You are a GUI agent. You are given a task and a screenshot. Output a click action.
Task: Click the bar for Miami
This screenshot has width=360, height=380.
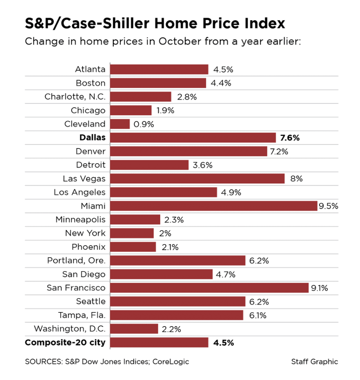tap(214, 206)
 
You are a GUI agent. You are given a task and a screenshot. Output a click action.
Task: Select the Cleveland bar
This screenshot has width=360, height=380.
tap(120, 124)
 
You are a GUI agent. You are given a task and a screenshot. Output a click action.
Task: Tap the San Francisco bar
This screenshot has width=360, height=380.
tap(209, 288)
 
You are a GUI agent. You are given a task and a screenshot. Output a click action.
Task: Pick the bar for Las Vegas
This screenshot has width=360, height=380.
tap(197, 178)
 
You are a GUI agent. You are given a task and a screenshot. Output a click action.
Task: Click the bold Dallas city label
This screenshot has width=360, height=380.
tap(92, 138)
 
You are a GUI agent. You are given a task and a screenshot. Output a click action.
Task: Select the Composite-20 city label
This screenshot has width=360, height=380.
tap(65, 343)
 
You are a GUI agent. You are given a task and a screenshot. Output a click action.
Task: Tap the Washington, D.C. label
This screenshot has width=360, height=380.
tap(69, 329)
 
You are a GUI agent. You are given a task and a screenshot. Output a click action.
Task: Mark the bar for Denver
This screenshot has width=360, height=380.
tap(189, 151)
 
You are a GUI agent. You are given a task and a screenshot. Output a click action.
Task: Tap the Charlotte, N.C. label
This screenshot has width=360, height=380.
tap(75, 97)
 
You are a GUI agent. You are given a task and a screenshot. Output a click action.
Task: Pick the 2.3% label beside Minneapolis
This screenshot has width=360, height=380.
tap(174, 220)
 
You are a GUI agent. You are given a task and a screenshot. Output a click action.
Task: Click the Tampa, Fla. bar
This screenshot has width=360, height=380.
tap(177, 315)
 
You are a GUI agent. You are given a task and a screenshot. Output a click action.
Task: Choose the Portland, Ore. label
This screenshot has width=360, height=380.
tap(76, 261)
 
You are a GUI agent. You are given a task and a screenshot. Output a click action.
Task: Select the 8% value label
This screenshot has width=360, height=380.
tap(297, 178)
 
